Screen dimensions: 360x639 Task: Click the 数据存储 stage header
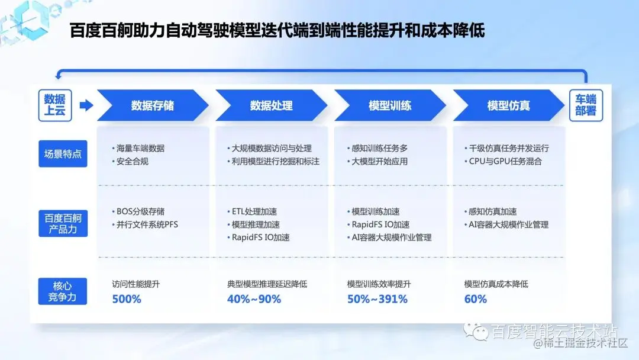point(153,105)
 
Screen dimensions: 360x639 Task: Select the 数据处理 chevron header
point(271,105)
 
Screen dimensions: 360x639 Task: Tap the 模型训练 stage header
point(390,105)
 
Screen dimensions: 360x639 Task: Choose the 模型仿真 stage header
point(508,105)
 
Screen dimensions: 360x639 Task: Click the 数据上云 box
point(55,105)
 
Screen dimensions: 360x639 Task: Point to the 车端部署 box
point(586,105)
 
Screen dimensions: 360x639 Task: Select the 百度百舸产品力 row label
point(63,224)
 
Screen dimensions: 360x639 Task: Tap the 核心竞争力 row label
point(63,291)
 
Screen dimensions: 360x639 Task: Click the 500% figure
point(127,299)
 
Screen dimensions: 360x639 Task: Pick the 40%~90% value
point(254,299)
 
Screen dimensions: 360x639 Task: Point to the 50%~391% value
point(377,299)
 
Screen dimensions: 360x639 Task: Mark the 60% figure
point(476,299)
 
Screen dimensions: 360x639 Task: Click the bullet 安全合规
point(133,161)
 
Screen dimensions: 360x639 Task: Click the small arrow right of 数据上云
point(86,105)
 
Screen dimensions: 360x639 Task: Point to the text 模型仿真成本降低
point(496,284)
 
